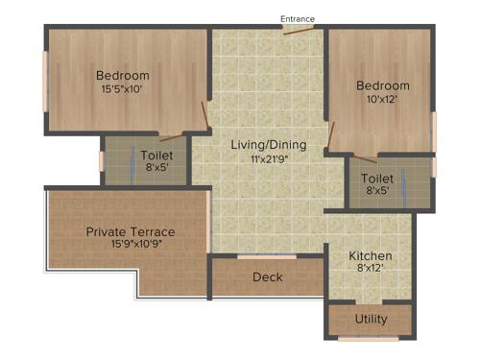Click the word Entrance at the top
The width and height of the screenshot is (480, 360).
pyautogui.click(x=297, y=18)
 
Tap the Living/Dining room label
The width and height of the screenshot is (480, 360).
pyautogui.click(x=269, y=145)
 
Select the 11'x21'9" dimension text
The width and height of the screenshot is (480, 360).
pyautogui.click(x=269, y=160)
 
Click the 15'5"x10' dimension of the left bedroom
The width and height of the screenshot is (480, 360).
pyautogui.click(x=123, y=90)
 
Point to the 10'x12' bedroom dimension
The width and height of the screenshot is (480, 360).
pyautogui.click(x=383, y=100)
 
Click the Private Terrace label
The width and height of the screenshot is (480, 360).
pyautogui.click(x=131, y=231)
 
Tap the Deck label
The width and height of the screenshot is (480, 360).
pyautogui.click(x=267, y=277)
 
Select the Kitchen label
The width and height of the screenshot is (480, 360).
pyautogui.click(x=370, y=256)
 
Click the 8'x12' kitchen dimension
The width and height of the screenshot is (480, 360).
pyautogui.click(x=370, y=271)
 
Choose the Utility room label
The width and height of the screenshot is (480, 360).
pyautogui.click(x=371, y=319)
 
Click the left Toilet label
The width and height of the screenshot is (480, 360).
pyautogui.click(x=156, y=154)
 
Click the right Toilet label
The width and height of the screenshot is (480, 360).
pyautogui.click(x=376, y=179)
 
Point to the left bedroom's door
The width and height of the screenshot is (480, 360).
pyautogui.click(x=204, y=116)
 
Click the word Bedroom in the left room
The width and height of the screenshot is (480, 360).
pyautogui.click(x=123, y=76)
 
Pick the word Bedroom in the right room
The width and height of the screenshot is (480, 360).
pyautogui.click(x=383, y=85)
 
